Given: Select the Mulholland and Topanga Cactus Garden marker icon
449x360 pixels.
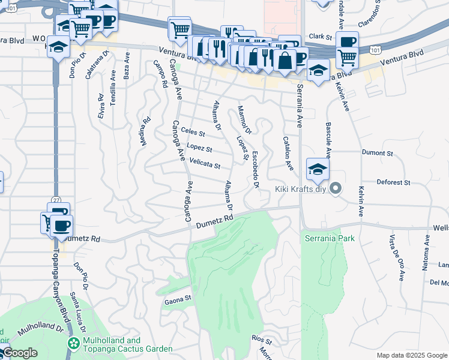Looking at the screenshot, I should (x=74, y=344).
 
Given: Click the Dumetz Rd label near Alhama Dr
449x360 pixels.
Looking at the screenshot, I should (x=214, y=221).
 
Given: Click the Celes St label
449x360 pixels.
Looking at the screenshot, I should (x=193, y=132).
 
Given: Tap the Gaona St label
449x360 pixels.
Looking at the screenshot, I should (x=178, y=298).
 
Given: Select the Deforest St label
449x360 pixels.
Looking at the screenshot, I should (x=393, y=182).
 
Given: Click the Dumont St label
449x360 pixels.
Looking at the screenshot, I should (x=377, y=153).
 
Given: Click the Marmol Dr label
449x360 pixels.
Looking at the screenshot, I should (x=244, y=119).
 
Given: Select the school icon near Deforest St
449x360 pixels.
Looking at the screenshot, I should (x=318, y=169).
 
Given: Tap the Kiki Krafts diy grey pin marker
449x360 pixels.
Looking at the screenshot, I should (x=336, y=190).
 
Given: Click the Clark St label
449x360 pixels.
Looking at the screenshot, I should (x=321, y=37).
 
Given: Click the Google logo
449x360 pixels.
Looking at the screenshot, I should (x=20, y=353).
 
